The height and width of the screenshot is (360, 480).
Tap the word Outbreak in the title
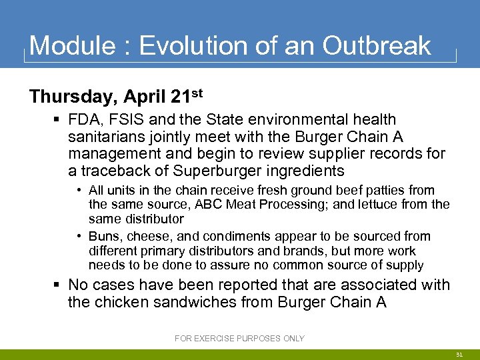coord(377,46)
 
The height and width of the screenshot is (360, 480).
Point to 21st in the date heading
coord(186,95)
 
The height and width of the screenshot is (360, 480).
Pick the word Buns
coord(103,237)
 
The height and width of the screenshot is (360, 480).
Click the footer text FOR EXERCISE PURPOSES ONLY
coord(239,339)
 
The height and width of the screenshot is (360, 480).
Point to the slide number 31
coord(459,355)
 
